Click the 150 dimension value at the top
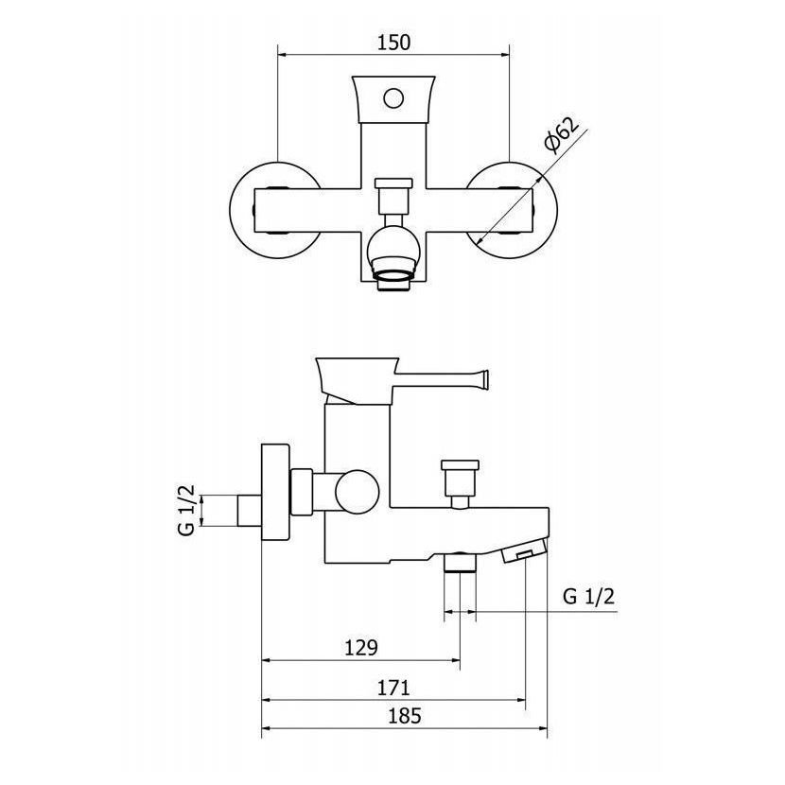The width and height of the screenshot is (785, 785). tap(393, 43)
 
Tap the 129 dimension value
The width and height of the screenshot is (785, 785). tap(361, 648)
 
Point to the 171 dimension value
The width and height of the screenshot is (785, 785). tap(393, 688)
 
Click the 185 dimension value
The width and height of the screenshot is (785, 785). tap(405, 716)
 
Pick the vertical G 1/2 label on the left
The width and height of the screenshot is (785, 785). tap(186, 510)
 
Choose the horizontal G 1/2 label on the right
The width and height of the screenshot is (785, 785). tap(588, 596)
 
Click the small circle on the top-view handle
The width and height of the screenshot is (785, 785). tap(393, 98)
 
